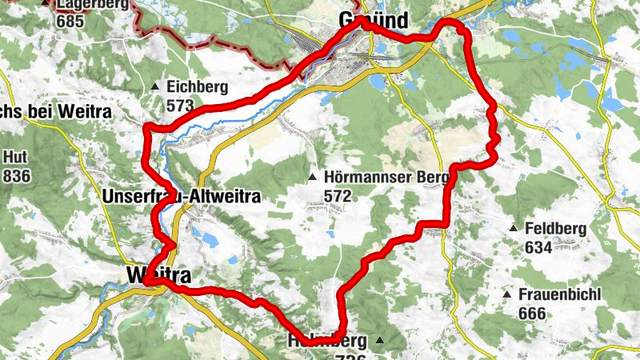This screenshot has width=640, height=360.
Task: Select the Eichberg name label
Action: [197, 87]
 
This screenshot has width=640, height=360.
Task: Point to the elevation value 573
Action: [182, 105]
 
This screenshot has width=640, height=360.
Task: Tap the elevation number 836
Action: [17, 175]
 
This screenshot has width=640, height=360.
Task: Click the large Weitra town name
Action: [158, 275]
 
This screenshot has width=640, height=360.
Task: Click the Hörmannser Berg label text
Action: [378, 177]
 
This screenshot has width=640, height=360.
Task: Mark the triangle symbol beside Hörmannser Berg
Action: [314, 177]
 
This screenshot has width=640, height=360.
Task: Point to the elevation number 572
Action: [339, 194]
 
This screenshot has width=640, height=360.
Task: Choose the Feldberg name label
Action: [555, 229]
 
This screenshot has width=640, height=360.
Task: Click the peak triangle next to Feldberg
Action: [513, 229]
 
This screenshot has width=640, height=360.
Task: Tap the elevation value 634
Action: [538, 247]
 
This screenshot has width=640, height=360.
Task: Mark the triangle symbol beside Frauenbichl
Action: [506, 295]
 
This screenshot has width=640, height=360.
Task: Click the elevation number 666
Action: [533, 313]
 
